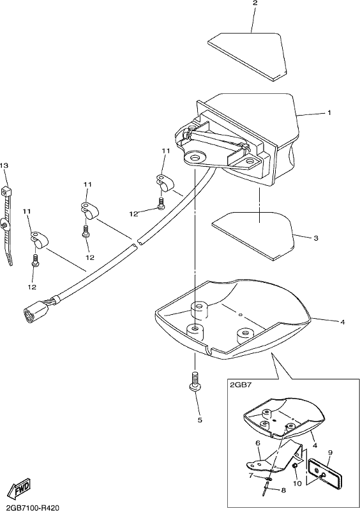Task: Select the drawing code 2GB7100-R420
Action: tap(31, 507)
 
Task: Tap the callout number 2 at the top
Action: tap(255, 3)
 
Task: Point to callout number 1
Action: tap(329, 113)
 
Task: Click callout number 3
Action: tap(316, 238)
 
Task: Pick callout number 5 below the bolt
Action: tap(200, 420)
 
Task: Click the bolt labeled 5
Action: tap(195, 380)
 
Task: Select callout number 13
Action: tap(4, 166)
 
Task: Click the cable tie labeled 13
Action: tap(8, 225)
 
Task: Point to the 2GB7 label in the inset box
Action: tap(238, 385)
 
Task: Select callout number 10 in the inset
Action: tap(297, 484)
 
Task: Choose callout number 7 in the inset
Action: tap(251, 475)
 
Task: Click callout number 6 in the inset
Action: tap(257, 443)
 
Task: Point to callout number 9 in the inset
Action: tap(330, 453)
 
